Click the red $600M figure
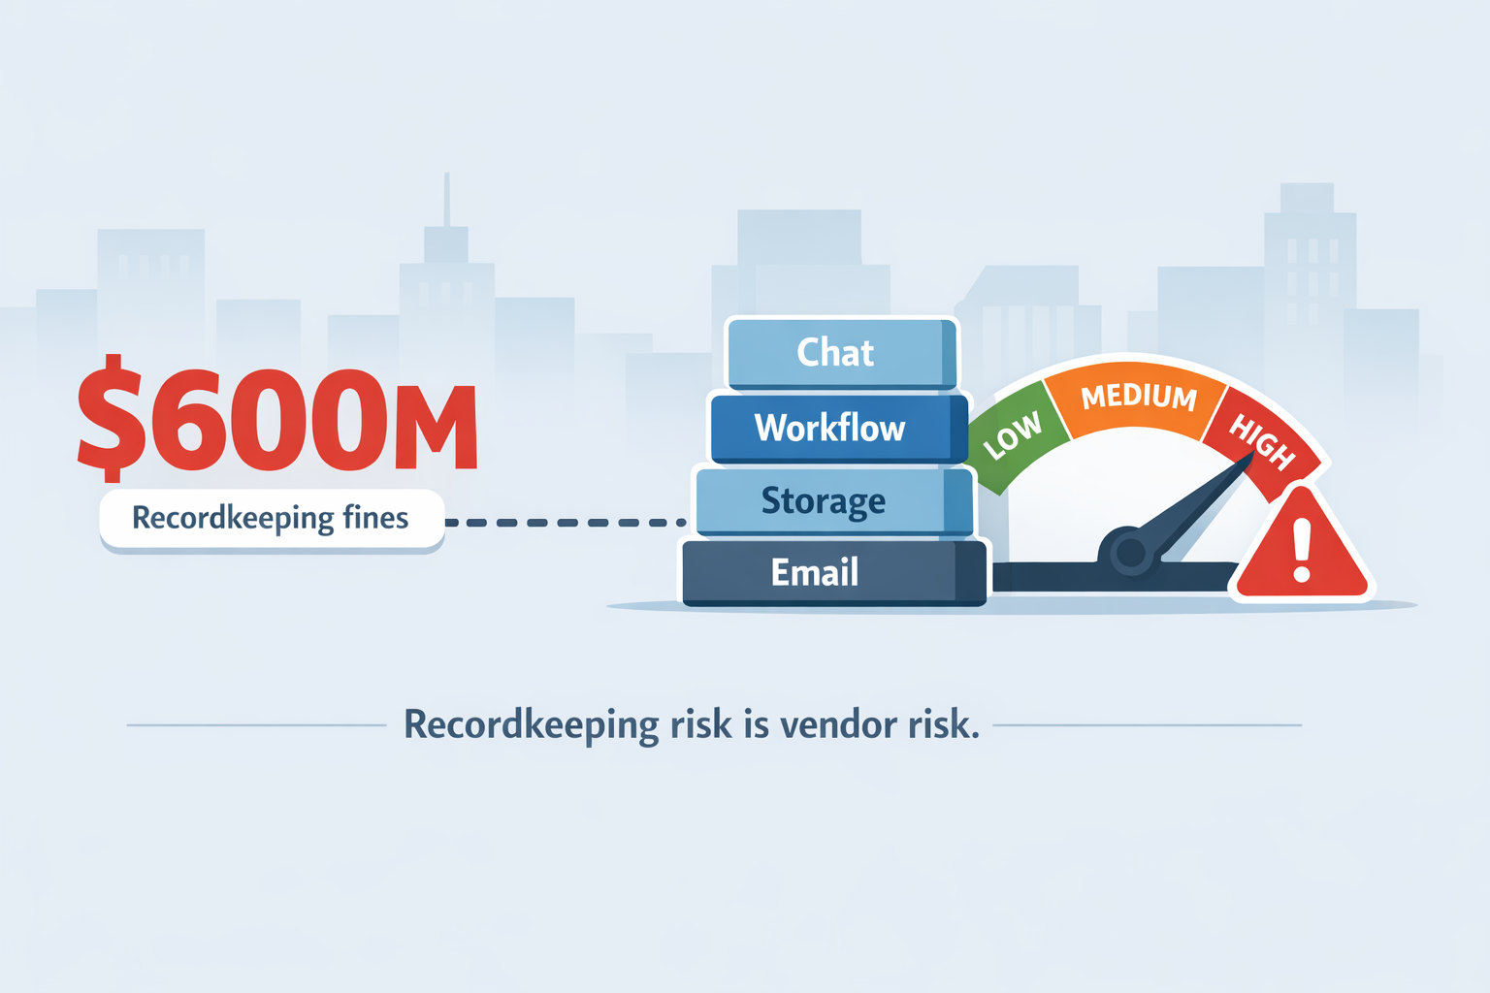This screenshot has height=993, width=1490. coord(277,418)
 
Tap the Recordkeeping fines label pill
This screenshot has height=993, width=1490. coord(272,519)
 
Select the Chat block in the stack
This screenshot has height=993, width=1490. coord(842,353)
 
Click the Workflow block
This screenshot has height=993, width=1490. coord(839,428)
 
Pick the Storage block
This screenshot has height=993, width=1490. coord(834,500)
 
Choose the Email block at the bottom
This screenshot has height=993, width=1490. coord(835,572)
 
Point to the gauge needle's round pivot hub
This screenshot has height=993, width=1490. coord(1130,552)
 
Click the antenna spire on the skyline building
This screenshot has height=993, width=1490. coord(447,200)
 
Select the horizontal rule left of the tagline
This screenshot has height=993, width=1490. coord(256,725)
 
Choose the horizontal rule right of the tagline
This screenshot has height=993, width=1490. coord(1147,725)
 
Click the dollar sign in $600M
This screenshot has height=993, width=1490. coord(112,418)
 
